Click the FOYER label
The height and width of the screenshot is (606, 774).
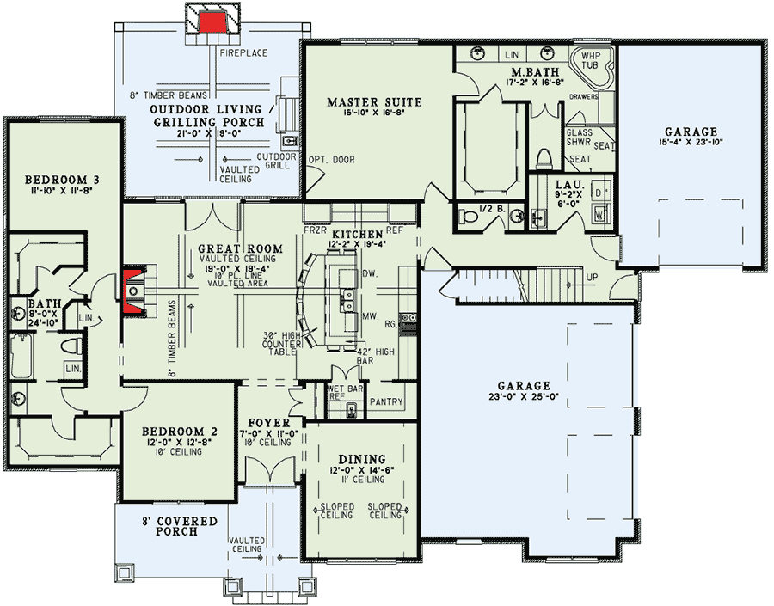click(x=262, y=422)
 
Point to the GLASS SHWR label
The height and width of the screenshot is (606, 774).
click(x=578, y=138)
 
